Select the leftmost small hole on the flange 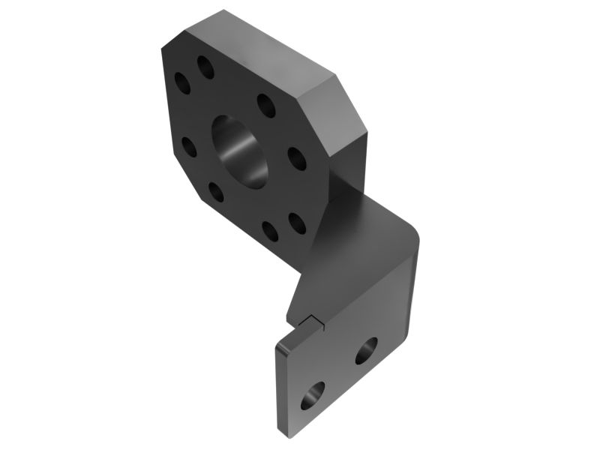click(x=181, y=82)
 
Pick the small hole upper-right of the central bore click(x=264, y=103)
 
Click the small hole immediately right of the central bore click(x=296, y=158)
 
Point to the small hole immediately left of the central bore click(x=188, y=146)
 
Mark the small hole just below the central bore click(x=216, y=193)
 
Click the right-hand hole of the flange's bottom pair click(x=296, y=222)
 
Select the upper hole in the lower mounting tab click(x=366, y=350)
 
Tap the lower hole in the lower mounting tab click(x=313, y=395)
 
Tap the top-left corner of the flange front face click(x=163, y=48)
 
